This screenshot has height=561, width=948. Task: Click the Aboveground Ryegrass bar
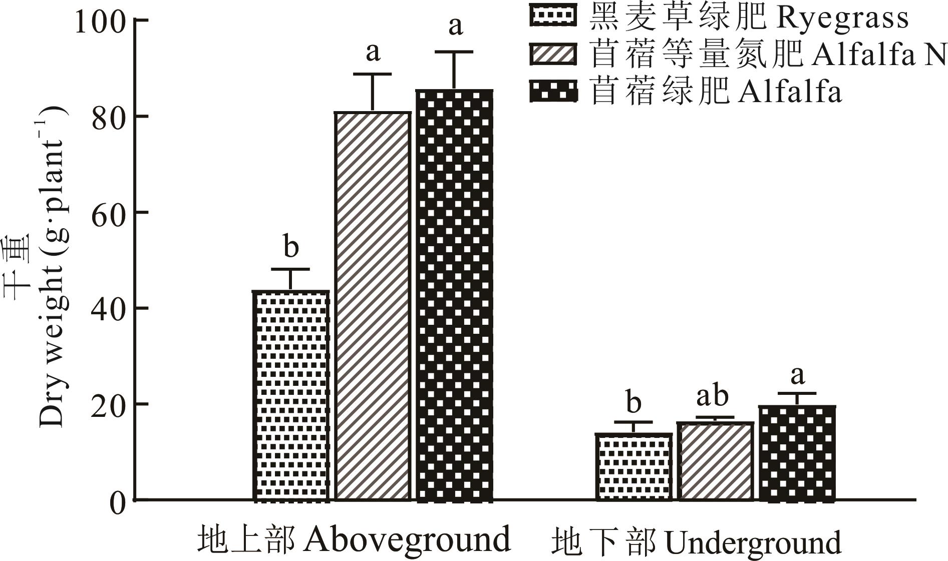pyautogui.click(x=291, y=395)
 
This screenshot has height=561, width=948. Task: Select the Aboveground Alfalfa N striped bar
pyautogui.click(x=373, y=306)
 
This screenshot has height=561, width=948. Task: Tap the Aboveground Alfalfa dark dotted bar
pyautogui.click(x=454, y=295)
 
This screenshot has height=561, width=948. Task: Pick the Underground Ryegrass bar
pyautogui.click(x=634, y=466)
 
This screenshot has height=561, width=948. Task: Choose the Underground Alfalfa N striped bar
pyautogui.click(x=715, y=461)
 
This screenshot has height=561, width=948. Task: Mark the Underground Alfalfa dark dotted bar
pyautogui.click(x=797, y=453)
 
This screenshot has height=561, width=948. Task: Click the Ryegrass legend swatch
pyautogui.click(x=553, y=17)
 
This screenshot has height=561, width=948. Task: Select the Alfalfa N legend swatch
pyautogui.click(x=553, y=54)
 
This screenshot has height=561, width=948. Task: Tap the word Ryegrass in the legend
pyautogui.click(x=842, y=18)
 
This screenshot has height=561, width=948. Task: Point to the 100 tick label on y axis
pyautogui.click(x=99, y=22)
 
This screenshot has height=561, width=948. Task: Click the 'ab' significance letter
pyautogui.click(x=712, y=396)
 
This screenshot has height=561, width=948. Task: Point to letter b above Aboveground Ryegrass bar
pyautogui.click(x=291, y=247)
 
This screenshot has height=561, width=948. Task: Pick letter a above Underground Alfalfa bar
pyautogui.click(x=797, y=375)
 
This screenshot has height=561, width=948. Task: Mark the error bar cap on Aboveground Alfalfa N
pyautogui.click(x=373, y=74)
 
